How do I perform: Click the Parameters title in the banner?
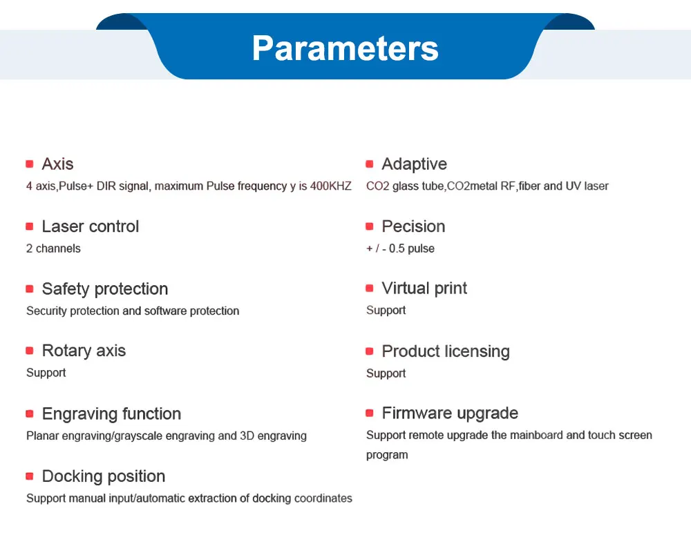click(345, 48)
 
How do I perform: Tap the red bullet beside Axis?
click(30, 164)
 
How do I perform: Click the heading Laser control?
click(91, 226)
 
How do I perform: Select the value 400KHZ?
click(330, 186)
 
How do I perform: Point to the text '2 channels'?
click(53, 249)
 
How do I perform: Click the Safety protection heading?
click(105, 289)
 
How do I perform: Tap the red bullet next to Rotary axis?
click(30, 351)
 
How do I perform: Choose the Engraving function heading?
click(111, 413)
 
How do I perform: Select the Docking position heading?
click(104, 476)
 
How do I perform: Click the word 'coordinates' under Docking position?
click(323, 498)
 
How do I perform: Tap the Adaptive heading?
click(414, 164)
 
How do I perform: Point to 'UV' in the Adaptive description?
click(573, 186)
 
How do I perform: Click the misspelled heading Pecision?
click(413, 226)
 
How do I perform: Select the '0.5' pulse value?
click(397, 249)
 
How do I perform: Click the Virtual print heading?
click(424, 289)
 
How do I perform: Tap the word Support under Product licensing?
click(386, 373)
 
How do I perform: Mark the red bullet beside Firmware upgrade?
click(369, 413)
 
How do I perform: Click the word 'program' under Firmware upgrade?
click(387, 455)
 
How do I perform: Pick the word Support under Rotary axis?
click(46, 373)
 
